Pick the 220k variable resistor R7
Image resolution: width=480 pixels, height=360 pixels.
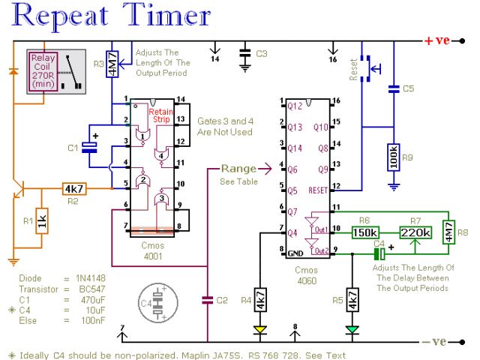pyautogui.click(x=415, y=232)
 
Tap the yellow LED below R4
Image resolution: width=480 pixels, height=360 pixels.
pyautogui.click(x=259, y=328)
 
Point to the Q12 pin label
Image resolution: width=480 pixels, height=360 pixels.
pyautogui.click(x=293, y=106)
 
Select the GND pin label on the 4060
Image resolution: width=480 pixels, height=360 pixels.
pyautogui.click(x=295, y=254)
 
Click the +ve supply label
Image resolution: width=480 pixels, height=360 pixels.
pyautogui.click(x=437, y=40)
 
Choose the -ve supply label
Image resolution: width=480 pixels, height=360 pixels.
pyautogui.click(x=436, y=341)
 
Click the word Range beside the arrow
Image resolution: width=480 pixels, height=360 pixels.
pyautogui.click(x=238, y=169)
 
